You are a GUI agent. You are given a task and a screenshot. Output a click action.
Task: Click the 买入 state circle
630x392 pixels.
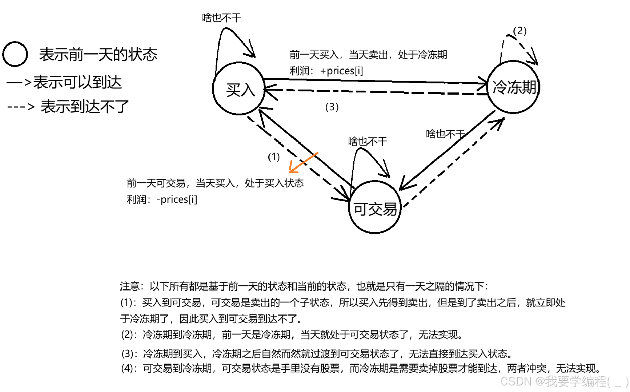[239, 89]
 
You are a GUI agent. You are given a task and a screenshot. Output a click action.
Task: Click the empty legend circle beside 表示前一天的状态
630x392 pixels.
[15, 54]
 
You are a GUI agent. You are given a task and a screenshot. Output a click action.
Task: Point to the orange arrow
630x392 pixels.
[303, 163]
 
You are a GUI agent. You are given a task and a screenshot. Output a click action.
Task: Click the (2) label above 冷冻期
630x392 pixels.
[519, 31]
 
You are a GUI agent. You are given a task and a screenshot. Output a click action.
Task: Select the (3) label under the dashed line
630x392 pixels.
[332, 107]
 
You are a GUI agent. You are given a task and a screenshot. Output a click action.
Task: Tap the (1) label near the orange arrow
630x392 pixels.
[274, 157]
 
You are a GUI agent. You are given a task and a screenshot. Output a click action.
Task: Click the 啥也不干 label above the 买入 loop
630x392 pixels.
[221, 17]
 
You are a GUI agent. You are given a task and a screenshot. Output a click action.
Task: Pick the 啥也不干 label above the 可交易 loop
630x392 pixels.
[368, 141]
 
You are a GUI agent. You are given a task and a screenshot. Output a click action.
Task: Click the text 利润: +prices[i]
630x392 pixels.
[326, 71]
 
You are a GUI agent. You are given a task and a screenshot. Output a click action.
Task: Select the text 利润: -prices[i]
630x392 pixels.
[162, 199]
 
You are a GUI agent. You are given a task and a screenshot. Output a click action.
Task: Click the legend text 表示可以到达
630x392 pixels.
[77, 82]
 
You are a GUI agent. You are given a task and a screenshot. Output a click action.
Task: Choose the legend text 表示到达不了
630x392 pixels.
[85, 107]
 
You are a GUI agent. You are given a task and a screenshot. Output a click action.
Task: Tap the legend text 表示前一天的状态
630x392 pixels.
[98, 55]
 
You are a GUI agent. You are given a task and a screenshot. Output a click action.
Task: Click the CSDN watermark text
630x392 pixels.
[564, 381]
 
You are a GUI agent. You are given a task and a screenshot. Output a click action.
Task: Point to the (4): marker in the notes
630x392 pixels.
[129, 368]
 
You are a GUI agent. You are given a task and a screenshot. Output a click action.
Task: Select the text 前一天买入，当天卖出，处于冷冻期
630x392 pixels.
[368, 55]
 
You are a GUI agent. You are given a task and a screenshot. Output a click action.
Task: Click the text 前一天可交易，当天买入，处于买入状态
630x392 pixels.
[215, 183]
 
